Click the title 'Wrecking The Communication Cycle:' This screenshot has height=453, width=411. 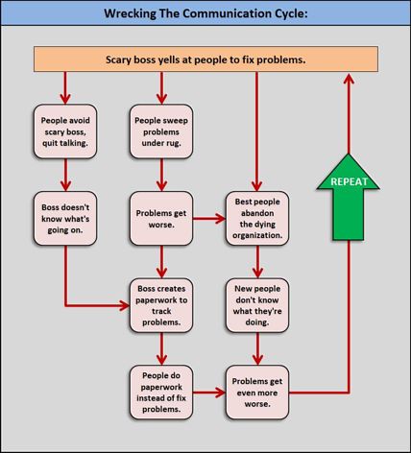pyautogui.click(x=205, y=13)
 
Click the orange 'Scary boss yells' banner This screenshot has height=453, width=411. pyautogui.click(x=205, y=60)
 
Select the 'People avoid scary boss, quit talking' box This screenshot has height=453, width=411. pyautogui.click(x=65, y=131)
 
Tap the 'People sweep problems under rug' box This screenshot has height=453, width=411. pyautogui.click(x=161, y=131)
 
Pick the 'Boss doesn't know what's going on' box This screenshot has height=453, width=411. pyautogui.click(x=65, y=219)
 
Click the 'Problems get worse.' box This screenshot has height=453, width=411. pyautogui.click(x=161, y=219)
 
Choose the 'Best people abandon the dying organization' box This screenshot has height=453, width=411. pyautogui.click(x=257, y=219)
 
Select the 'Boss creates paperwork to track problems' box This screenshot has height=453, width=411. pyautogui.click(x=161, y=305)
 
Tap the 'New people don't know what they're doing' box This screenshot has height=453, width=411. pyautogui.click(x=257, y=305)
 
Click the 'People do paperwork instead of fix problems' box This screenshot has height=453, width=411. pyautogui.click(x=161, y=393)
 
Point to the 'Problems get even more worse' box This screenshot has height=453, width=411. pyautogui.click(x=257, y=393)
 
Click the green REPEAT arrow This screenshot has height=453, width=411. pyautogui.click(x=348, y=197)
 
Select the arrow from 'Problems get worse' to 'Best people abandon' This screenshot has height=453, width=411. pyautogui.click(x=209, y=219)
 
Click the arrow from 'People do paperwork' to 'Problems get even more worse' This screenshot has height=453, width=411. pyautogui.click(x=209, y=393)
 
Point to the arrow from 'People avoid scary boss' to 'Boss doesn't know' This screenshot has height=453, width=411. pyautogui.click(x=65, y=175)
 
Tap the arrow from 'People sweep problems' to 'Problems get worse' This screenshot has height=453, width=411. pyautogui.click(x=161, y=175)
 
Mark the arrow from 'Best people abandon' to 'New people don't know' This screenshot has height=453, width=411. pyautogui.click(x=257, y=262)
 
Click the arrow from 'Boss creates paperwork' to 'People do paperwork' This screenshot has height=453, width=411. pyautogui.click(x=161, y=349)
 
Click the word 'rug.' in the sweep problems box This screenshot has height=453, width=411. pyautogui.click(x=173, y=143)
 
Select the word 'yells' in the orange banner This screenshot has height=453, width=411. pyautogui.click(x=169, y=60)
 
